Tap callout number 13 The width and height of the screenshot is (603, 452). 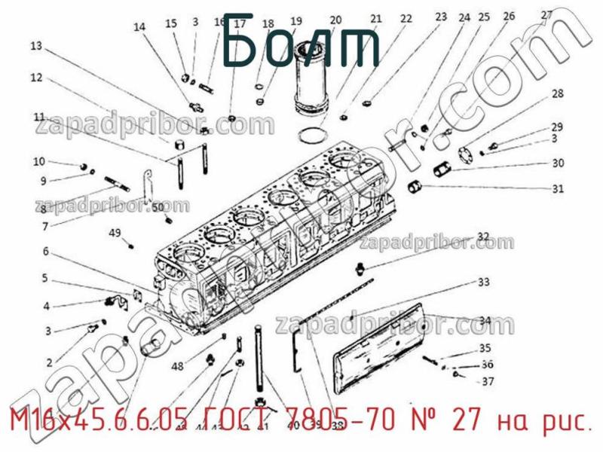(x=36, y=46)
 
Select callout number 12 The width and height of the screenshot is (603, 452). (x=36, y=77)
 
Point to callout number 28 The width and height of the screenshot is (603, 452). (x=557, y=94)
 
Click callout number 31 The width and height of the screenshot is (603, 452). (x=557, y=189)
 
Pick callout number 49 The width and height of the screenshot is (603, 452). (x=115, y=233)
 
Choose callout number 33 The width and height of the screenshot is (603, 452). (x=483, y=282)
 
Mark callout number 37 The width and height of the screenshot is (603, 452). (x=488, y=381)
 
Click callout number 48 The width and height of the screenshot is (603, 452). (x=177, y=367)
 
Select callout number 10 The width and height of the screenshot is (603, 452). (x=39, y=161)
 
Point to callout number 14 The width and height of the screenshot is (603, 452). (x=139, y=28)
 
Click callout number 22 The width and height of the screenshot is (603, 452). (x=406, y=19)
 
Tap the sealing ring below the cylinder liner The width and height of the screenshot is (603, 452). (x=309, y=136)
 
